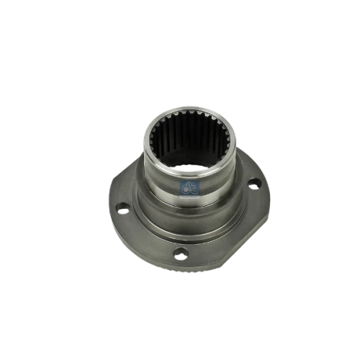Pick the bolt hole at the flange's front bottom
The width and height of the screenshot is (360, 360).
tap(181, 253)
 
